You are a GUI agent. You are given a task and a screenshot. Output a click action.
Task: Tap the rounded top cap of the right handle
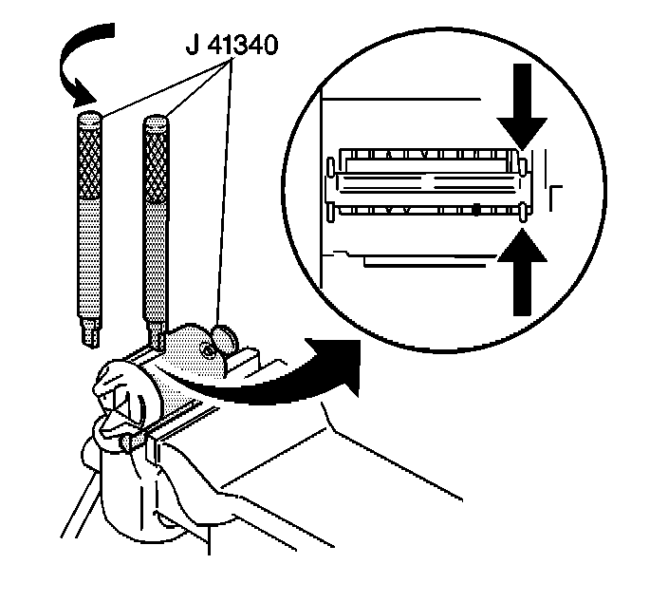point(156,122)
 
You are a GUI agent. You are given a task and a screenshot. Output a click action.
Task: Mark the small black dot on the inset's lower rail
point(473,208)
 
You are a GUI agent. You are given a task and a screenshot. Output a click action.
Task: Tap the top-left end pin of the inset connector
point(329,167)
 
